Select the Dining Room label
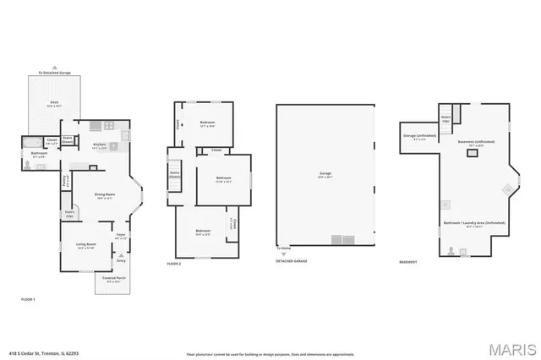104,196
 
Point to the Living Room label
86,245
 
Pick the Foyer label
121,236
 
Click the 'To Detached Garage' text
53,72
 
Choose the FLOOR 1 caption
28,299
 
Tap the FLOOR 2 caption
175,265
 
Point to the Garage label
325,175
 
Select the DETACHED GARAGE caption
291,262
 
